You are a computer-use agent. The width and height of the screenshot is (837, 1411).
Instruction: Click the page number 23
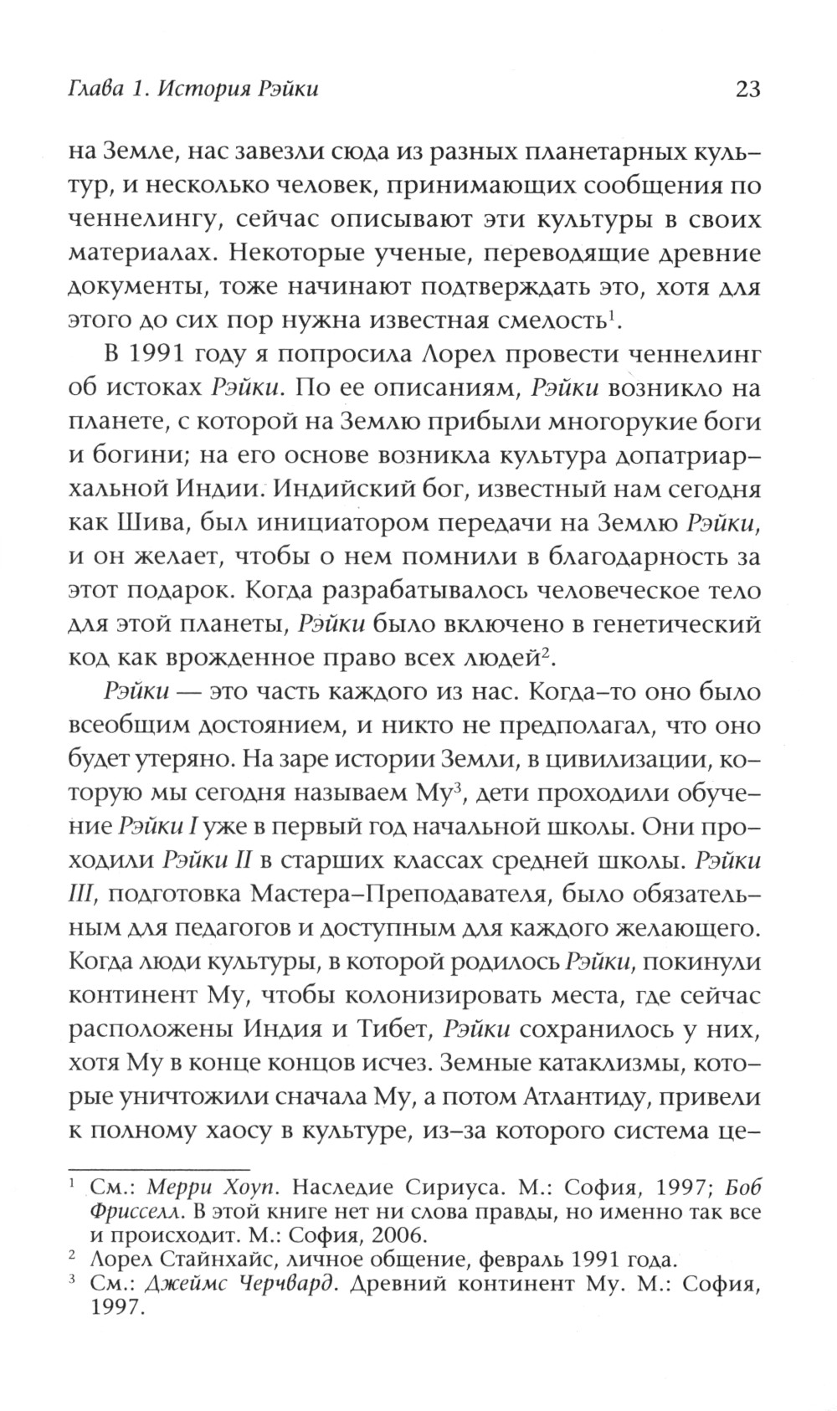[x=746, y=89]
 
